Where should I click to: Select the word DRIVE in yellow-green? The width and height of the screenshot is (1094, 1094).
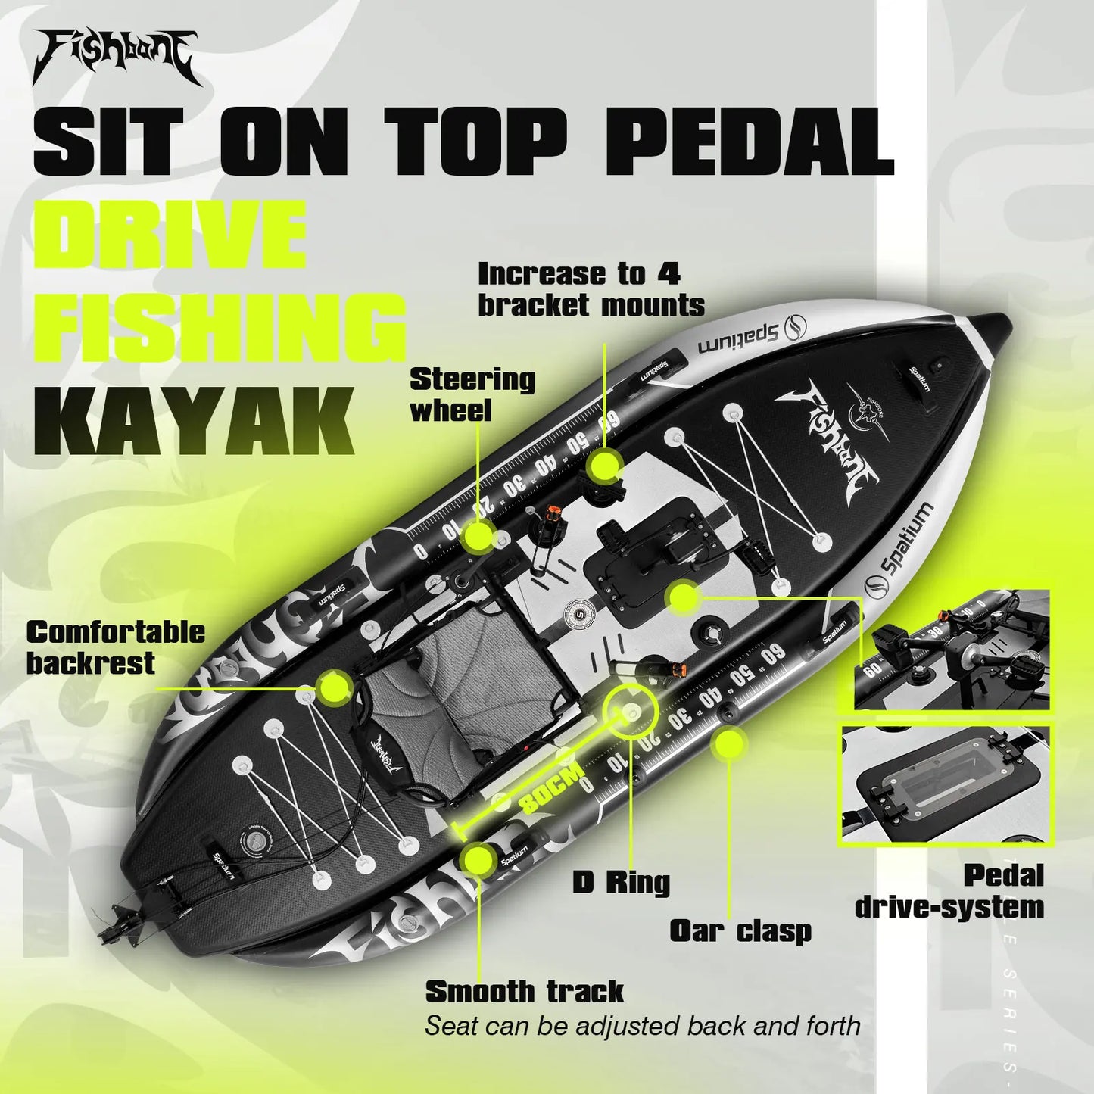(x=170, y=235)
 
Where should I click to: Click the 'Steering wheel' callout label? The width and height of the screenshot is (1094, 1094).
(x=472, y=395)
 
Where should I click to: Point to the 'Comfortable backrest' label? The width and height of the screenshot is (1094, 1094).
(x=115, y=647)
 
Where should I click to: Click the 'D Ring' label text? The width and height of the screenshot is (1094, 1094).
(x=621, y=882)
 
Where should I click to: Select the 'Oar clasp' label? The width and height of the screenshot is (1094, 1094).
(x=740, y=931)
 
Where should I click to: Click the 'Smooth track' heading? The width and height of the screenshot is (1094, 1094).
(x=524, y=991)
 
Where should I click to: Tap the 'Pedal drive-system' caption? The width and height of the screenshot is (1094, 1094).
(x=949, y=891)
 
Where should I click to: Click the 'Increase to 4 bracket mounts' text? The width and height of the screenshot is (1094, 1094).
(x=591, y=289)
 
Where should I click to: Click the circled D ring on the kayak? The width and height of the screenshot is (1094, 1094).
(x=631, y=712)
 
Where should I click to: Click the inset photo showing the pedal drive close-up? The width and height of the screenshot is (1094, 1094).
(x=952, y=650)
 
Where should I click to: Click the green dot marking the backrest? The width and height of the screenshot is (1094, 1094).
(x=333, y=687)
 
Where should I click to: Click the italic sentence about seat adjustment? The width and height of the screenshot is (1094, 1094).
(x=642, y=1026)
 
